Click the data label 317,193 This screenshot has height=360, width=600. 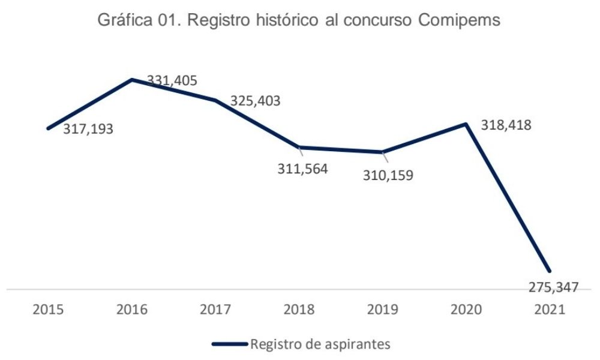pyautogui.click(x=88, y=130)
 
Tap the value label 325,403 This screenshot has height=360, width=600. pyautogui.click(x=256, y=100)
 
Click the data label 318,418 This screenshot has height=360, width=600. pyautogui.click(x=506, y=126)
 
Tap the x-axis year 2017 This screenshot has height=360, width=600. pyautogui.click(x=215, y=310)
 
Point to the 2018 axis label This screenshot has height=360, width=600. pyautogui.click(x=299, y=310)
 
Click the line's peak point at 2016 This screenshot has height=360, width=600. pyautogui.click(x=131, y=79)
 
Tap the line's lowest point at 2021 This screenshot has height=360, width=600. pyautogui.click(x=548, y=271)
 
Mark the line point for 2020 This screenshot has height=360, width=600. pyautogui.click(x=466, y=124)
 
